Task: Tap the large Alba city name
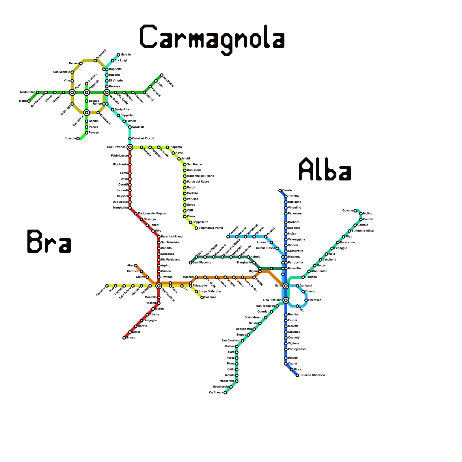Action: [325, 169]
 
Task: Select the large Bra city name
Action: [49, 241]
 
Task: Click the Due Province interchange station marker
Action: [130, 147]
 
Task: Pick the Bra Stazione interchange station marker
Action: [159, 286]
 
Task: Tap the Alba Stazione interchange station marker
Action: [286, 300]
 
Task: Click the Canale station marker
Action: [280, 191]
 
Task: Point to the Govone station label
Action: [348, 211]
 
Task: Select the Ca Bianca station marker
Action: [225, 393]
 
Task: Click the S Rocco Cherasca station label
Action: [312, 375]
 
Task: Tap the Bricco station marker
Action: [124, 338]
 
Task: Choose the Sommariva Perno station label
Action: [211, 228]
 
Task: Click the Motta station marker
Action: [29, 101]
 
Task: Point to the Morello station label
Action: [126, 55]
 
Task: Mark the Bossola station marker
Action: [78, 139]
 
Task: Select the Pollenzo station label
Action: [210, 297]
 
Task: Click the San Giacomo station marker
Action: [191, 263]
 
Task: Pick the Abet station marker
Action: [136, 266]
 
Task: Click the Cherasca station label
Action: [315, 300]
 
